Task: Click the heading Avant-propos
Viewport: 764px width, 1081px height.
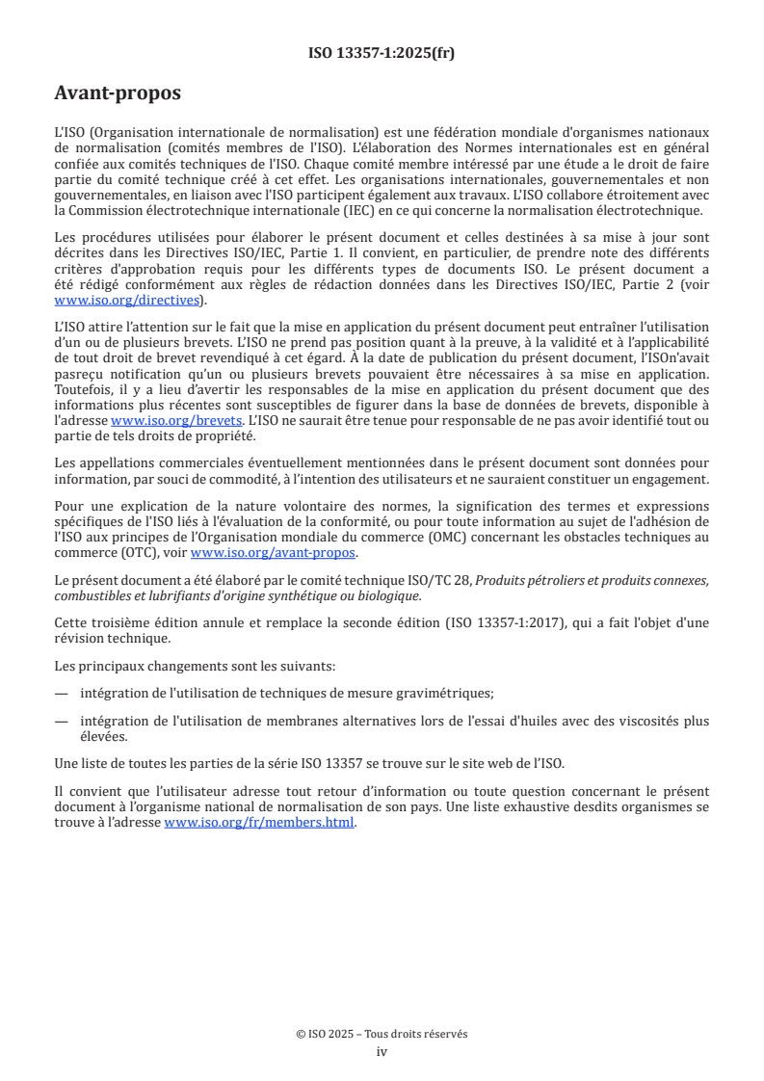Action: [118, 93]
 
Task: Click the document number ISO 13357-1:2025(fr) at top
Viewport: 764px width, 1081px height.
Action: [382, 53]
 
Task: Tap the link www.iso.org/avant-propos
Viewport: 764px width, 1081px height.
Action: [274, 552]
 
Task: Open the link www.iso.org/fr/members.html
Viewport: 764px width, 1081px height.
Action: [260, 822]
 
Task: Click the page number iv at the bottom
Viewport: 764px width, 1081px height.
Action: [382, 1051]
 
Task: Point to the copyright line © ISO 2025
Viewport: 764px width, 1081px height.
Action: [382, 1034]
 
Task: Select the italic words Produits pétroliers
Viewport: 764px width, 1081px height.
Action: [536, 579]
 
